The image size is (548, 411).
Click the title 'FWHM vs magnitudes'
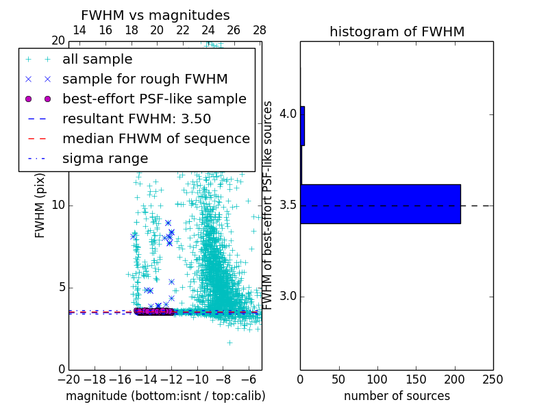(x=155, y=16)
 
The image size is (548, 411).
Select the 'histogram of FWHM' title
(x=397, y=32)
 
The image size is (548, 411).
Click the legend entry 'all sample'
(x=97, y=60)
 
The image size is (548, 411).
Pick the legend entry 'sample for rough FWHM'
(x=145, y=79)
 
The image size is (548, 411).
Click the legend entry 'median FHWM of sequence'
(x=155, y=139)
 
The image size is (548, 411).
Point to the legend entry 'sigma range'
(x=105, y=159)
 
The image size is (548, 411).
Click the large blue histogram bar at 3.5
(x=380, y=203)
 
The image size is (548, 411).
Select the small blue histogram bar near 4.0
(x=302, y=125)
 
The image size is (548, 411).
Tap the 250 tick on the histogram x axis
(x=493, y=379)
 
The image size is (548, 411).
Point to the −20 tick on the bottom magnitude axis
(x=68, y=379)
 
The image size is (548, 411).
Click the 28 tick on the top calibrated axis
(x=259, y=31)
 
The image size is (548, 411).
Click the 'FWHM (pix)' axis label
(x=40, y=206)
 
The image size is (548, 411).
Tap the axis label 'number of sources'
(x=397, y=396)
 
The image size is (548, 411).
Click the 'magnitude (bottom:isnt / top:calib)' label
(x=165, y=396)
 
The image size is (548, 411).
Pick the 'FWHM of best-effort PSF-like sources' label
(x=269, y=206)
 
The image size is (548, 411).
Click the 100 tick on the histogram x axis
(x=377, y=379)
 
